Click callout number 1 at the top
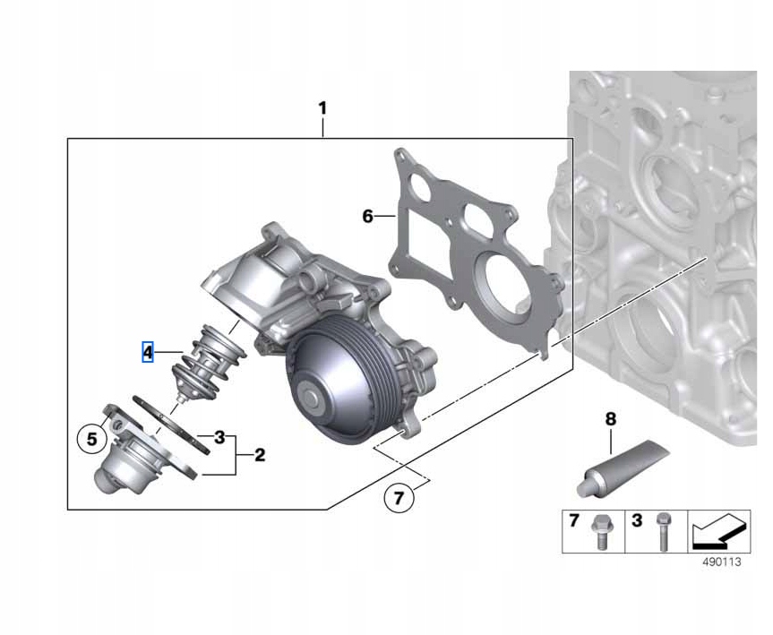tap(322, 108)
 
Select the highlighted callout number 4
tap(148, 352)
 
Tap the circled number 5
tap(92, 438)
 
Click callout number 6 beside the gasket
tap(368, 216)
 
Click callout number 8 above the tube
tap(610, 419)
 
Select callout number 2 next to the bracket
tap(260, 455)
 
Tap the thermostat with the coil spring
tap(208, 363)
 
